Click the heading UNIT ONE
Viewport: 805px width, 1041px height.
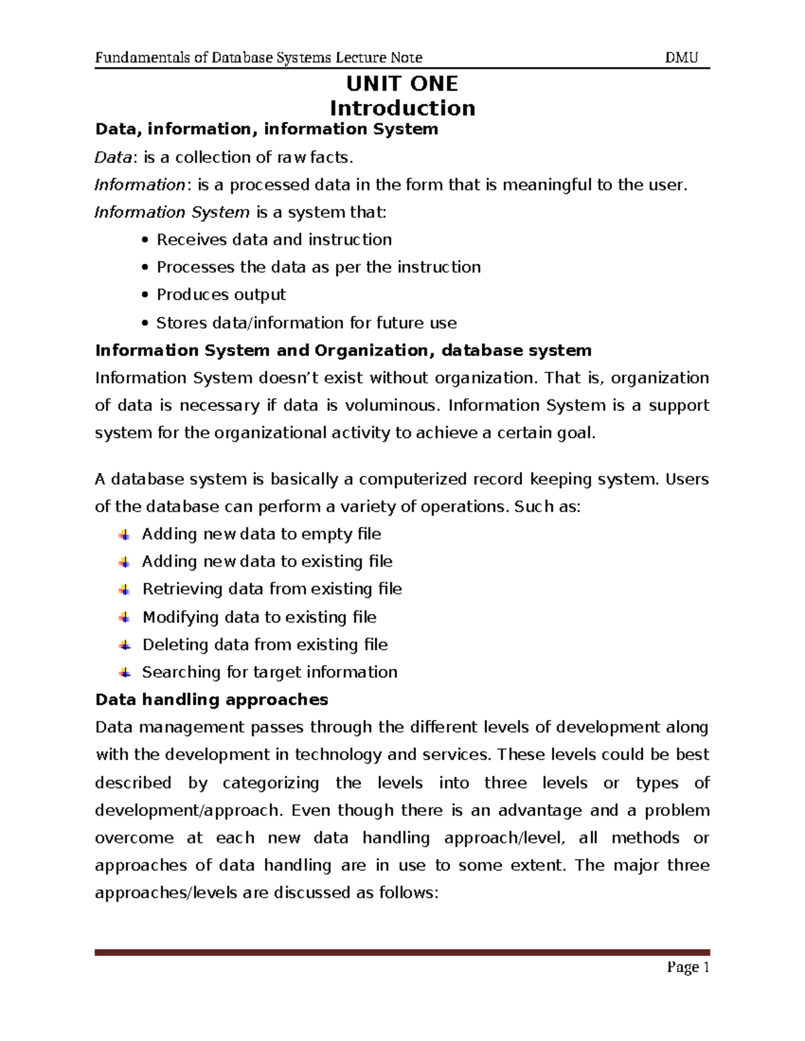pos(402,84)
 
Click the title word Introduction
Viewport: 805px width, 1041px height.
pos(402,108)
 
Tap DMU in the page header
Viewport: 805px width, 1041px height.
pos(682,58)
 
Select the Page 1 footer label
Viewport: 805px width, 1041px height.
pos(688,967)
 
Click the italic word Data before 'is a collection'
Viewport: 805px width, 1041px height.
pos(112,158)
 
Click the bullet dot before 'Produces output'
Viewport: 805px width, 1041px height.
pos(145,296)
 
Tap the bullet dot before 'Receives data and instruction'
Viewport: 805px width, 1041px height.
pos(145,241)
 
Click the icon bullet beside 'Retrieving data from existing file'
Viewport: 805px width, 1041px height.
pos(125,590)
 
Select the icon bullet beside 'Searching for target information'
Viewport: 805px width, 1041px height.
pos(125,672)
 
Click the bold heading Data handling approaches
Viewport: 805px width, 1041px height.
pos(211,700)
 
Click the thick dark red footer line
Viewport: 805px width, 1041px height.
pos(402,952)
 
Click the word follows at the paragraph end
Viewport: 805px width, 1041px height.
pos(405,893)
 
